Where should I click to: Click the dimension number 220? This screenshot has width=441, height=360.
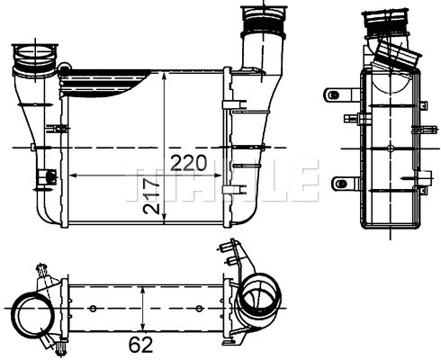tap(189, 163)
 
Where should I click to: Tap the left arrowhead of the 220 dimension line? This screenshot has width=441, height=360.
tap(73, 174)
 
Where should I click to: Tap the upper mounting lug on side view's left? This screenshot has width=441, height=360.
tap(337, 94)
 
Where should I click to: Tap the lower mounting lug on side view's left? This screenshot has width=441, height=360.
tap(342, 184)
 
